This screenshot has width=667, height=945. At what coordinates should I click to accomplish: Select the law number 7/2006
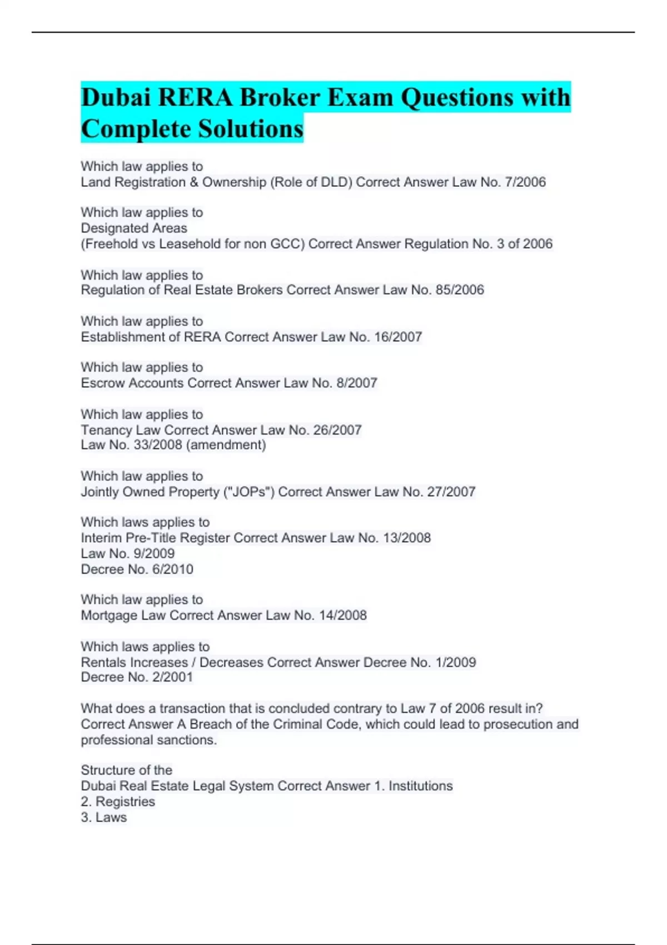524,182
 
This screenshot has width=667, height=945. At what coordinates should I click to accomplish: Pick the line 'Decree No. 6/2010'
137,569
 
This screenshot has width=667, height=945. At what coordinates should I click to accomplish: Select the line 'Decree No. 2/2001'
137,677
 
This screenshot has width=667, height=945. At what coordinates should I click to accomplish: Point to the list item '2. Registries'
118,802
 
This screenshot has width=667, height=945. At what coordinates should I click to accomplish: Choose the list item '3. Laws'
104,817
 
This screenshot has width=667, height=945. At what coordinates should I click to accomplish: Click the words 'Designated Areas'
134,228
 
